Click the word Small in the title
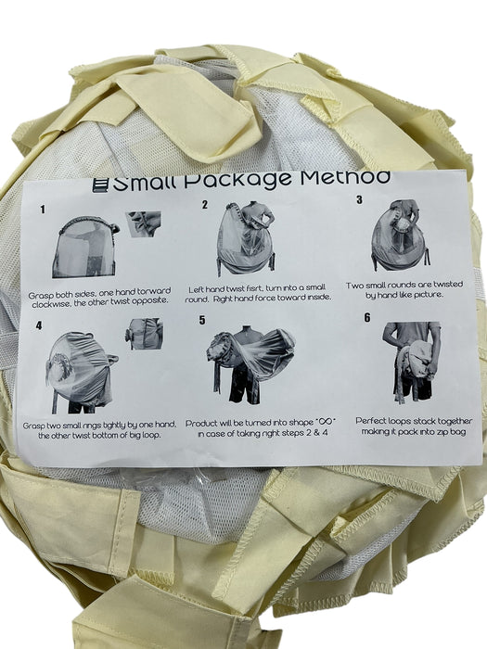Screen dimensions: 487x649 click(x=146, y=183)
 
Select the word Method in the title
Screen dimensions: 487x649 click(x=345, y=177)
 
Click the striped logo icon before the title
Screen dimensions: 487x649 click(x=100, y=185)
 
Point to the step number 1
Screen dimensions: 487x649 click(x=43, y=210)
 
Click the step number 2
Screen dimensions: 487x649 click(x=205, y=205)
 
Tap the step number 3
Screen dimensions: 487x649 click(x=359, y=200)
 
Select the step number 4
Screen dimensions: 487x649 click(x=39, y=325)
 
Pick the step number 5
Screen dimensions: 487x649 click(x=202, y=321)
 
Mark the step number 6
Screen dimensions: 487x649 click(x=367, y=317)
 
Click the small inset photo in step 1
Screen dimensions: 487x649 click(x=143, y=224)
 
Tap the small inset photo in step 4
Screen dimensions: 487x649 click(x=144, y=334)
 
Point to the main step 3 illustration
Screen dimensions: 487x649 click(x=400, y=235)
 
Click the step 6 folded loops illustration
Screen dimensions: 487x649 click(x=411, y=363)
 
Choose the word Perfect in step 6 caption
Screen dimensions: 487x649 click(x=371, y=421)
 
